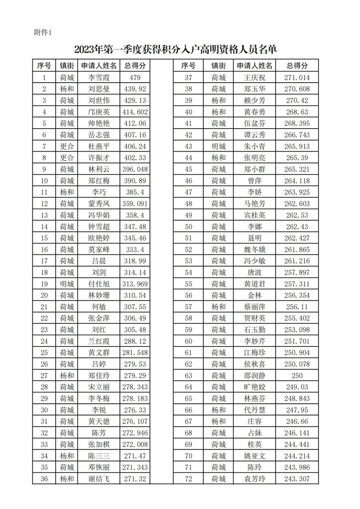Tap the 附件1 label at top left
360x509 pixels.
coord(43,32)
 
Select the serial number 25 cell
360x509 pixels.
coord(44,352)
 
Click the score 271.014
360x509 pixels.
coord(297,77)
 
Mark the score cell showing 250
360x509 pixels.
coord(297,375)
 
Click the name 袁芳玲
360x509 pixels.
coord(255,478)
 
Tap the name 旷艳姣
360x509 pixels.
coord(255,387)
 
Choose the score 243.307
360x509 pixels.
coord(297,478)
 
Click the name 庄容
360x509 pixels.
coord(255,421)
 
